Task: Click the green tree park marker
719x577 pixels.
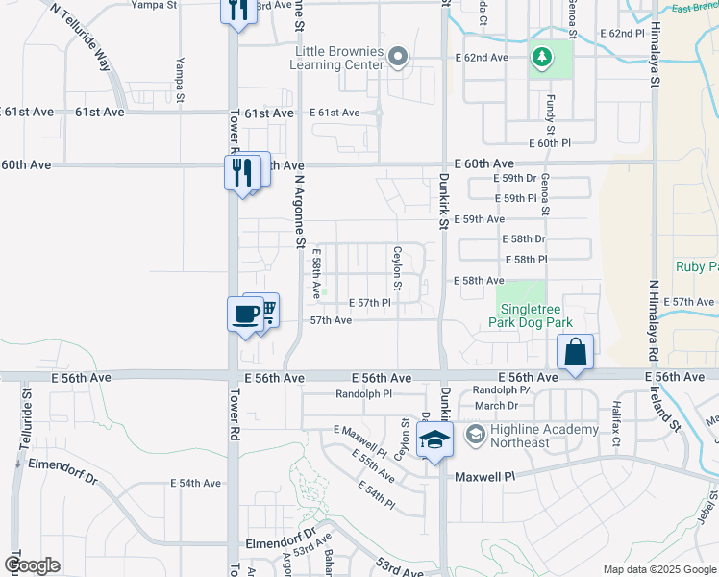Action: [x=541, y=58]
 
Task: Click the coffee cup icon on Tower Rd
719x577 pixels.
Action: [x=245, y=314]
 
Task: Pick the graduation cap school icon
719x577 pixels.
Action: [x=435, y=440]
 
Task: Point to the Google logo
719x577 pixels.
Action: [x=32, y=565]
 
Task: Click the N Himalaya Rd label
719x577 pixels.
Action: [x=654, y=316]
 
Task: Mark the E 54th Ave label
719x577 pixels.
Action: [x=196, y=483]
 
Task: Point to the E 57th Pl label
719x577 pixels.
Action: [x=369, y=303]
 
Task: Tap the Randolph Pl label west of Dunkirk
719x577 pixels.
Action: [x=364, y=394]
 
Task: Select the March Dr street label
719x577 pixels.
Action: [x=496, y=406]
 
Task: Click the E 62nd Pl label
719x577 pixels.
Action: [x=622, y=34]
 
